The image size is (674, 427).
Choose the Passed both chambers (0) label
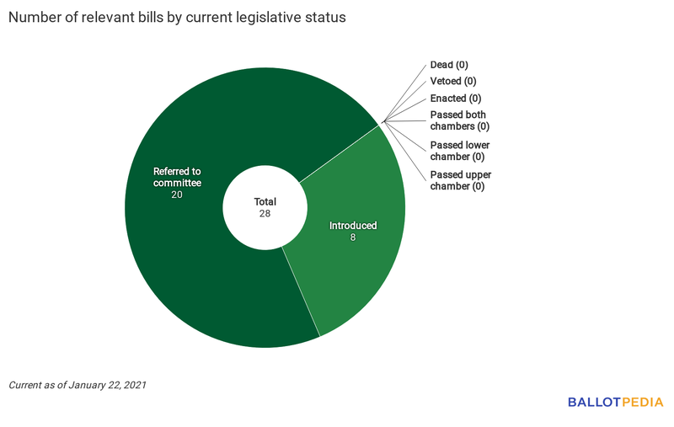pyautogui.click(x=459, y=120)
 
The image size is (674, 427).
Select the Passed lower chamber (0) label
pyautogui.click(x=459, y=151)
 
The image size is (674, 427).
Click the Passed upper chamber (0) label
pyautogui.click(x=460, y=180)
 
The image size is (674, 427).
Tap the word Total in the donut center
pyautogui.click(x=265, y=202)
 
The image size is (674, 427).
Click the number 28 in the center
pyautogui.click(x=265, y=215)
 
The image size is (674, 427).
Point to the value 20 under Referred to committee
pyautogui.click(x=177, y=195)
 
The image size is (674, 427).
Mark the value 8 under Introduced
pyautogui.click(x=353, y=238)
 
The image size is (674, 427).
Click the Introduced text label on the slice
pyautogui.click(x=353, y=226)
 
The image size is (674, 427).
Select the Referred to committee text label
pyautogui.click(x=177, y=177)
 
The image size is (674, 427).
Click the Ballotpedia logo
pyautogui.click(x=615, y=403)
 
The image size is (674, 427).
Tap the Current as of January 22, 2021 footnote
pyautogui.click(x=78, y=385)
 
